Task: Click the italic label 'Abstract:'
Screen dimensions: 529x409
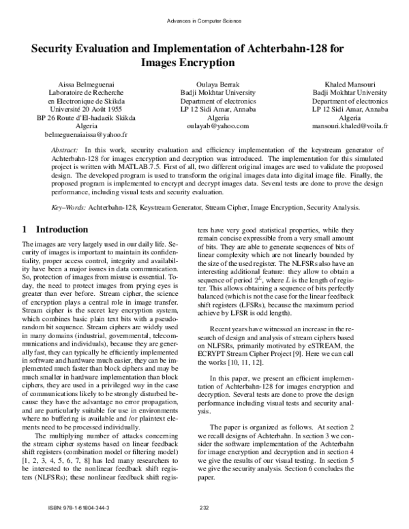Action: click(x=65, y=148)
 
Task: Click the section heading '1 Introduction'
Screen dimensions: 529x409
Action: click(x=55, y=230)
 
